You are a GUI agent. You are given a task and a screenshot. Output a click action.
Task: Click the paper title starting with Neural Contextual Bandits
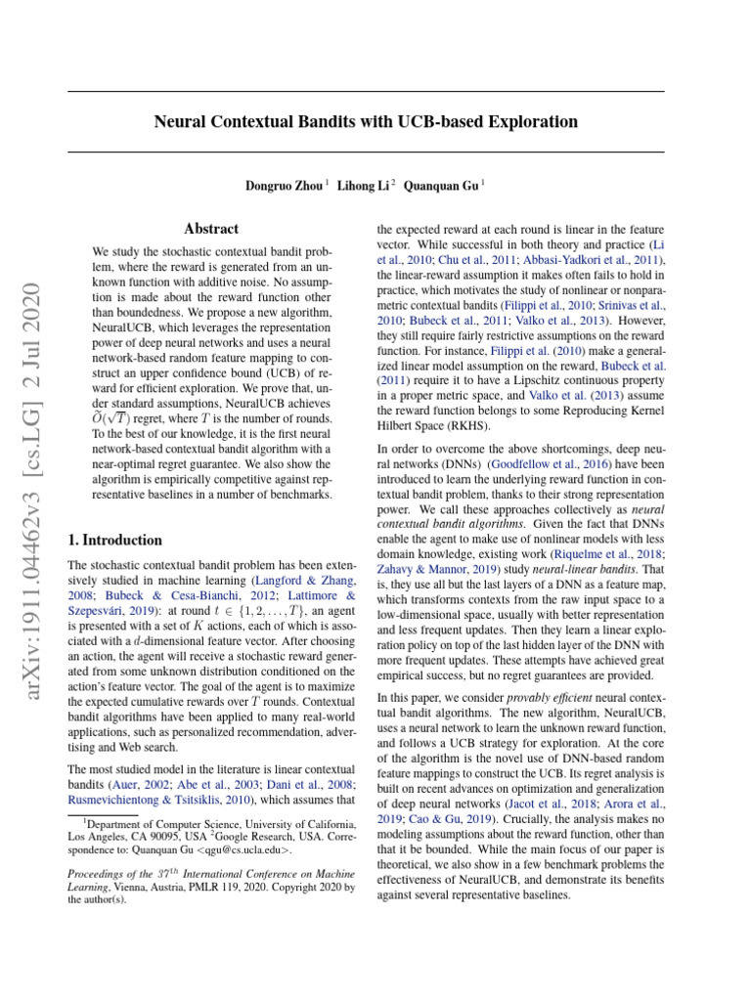coord(366,122)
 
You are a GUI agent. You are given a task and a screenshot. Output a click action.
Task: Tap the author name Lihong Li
coord(363,185)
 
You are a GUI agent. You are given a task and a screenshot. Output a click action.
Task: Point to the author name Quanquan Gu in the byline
coord(441,185)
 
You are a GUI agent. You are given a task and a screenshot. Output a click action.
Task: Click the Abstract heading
coord(211,228)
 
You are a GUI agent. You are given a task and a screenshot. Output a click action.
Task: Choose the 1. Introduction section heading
coord(113,540)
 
